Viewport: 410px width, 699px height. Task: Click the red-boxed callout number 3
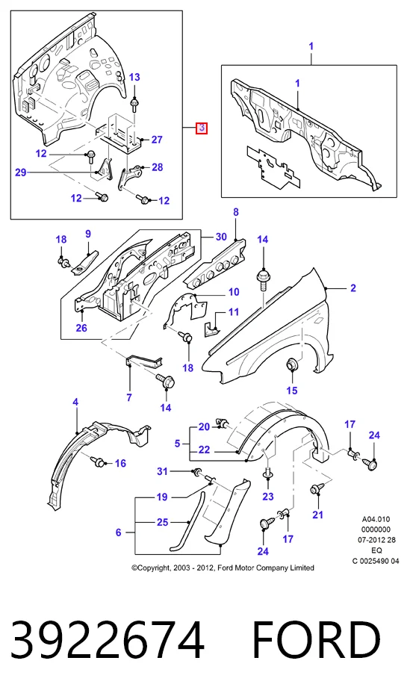(202, 128)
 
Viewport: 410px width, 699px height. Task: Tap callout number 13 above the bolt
(134, 77)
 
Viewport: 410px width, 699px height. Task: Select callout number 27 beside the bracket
(157, 140)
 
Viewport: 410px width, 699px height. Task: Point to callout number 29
(21, 172)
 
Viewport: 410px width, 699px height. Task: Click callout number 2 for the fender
(353, 288)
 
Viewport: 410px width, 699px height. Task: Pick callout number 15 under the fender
(292, 391)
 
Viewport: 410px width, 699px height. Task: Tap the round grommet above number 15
(292, 365)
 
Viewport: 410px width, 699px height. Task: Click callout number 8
(236, 212)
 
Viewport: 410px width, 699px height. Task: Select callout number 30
(221, 237)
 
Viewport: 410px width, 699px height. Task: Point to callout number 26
(81, 328)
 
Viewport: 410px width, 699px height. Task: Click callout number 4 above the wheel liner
(75, 402)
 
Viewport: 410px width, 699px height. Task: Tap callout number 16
(121, 464)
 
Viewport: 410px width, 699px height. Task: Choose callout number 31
(163, 472)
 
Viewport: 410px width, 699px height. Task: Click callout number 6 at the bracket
(119, 532)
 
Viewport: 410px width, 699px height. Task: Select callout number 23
(268, 497)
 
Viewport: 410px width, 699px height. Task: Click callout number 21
(317, 515)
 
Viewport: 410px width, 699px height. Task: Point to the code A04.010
(376, 519)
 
